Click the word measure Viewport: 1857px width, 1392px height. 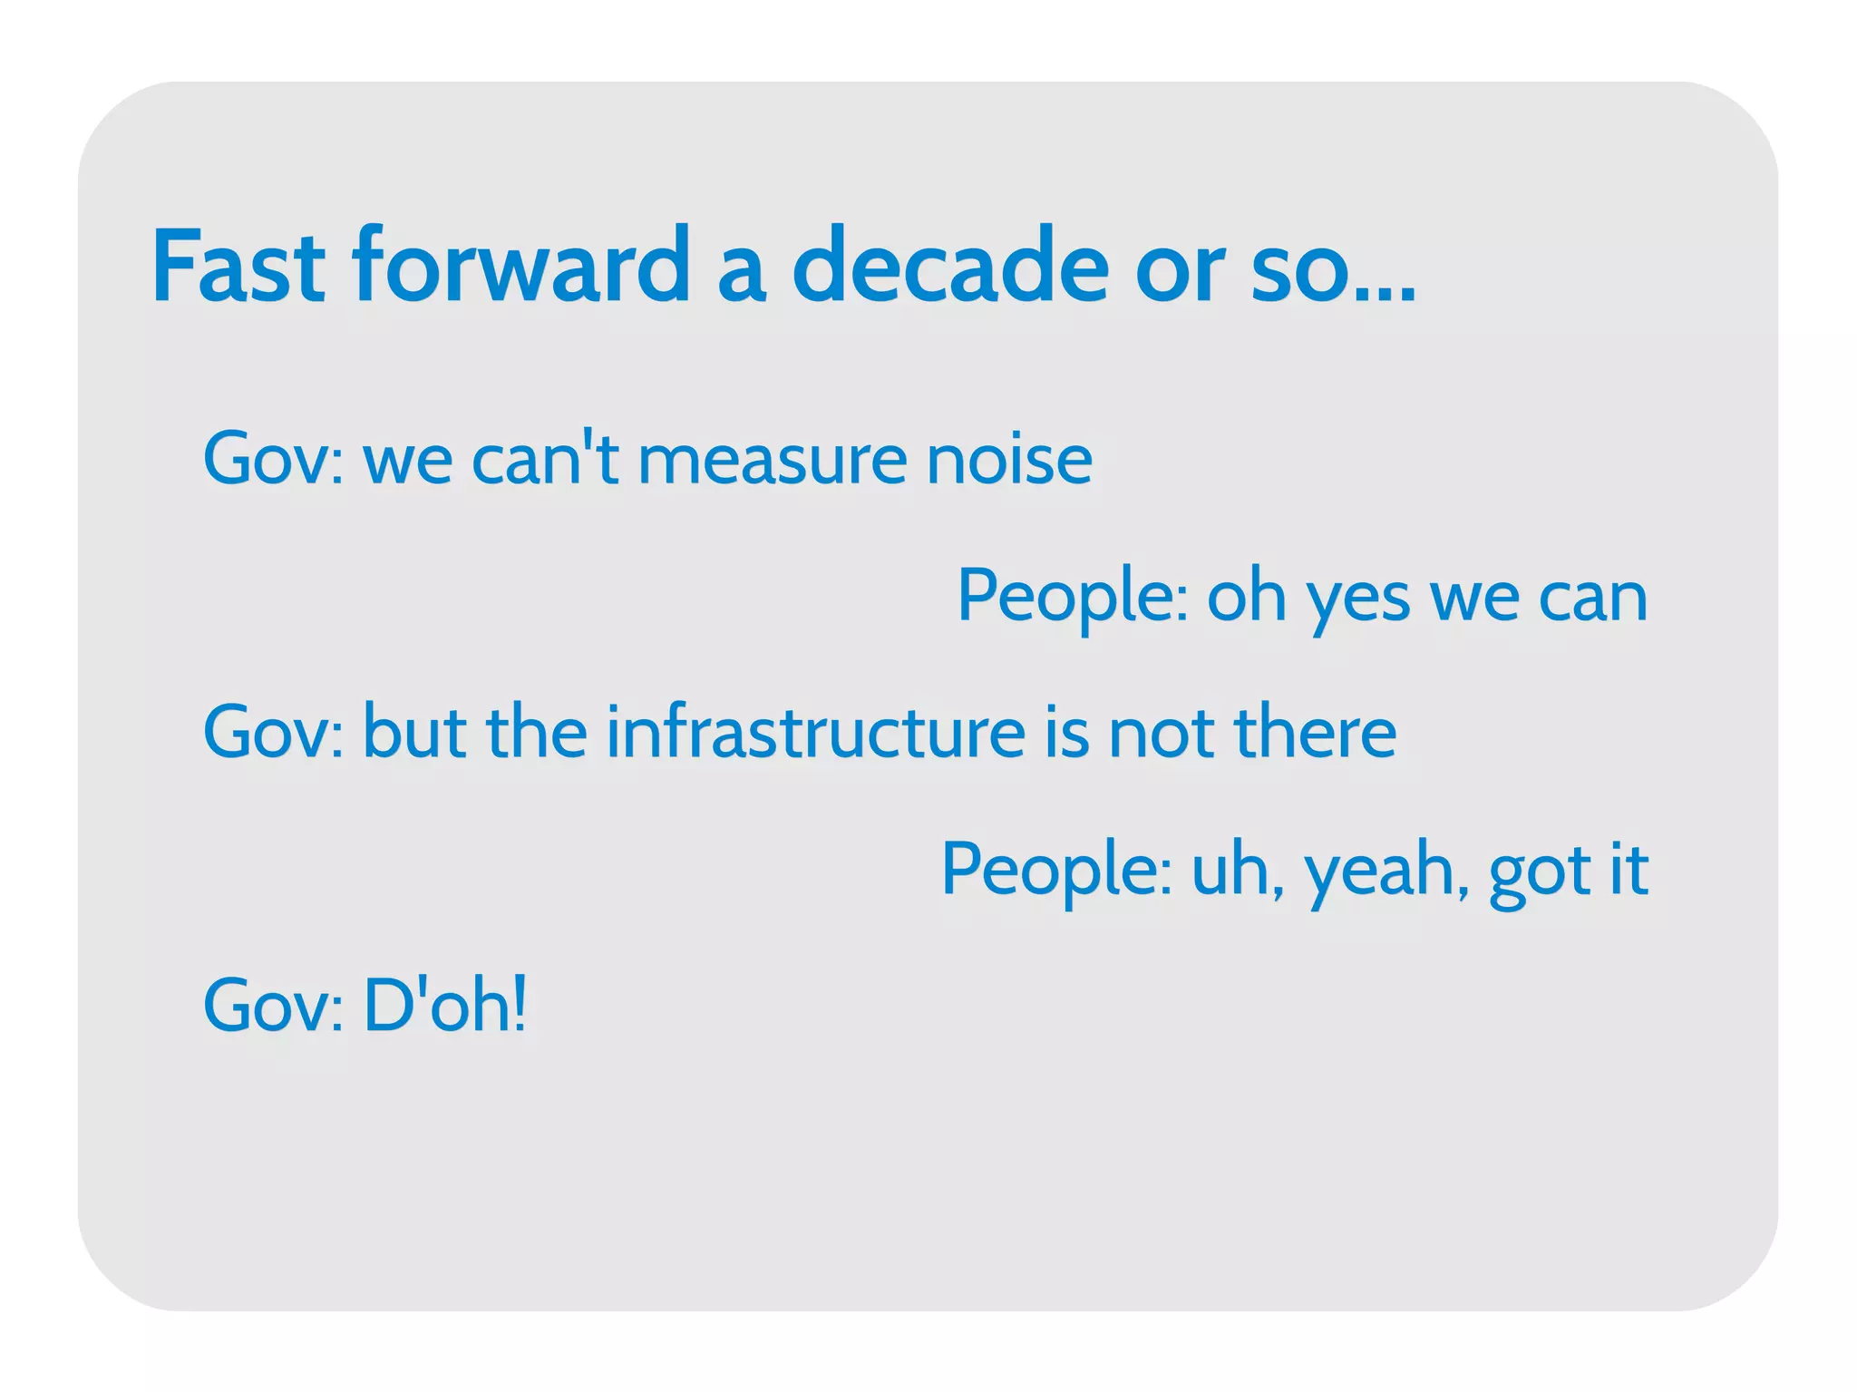772,460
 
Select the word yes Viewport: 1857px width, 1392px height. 1357,599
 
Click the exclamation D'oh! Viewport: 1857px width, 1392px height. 444,1006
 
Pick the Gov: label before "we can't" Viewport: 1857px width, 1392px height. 273,460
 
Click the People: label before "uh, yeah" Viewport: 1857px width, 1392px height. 1057,871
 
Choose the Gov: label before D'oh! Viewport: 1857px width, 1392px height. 273,1006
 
